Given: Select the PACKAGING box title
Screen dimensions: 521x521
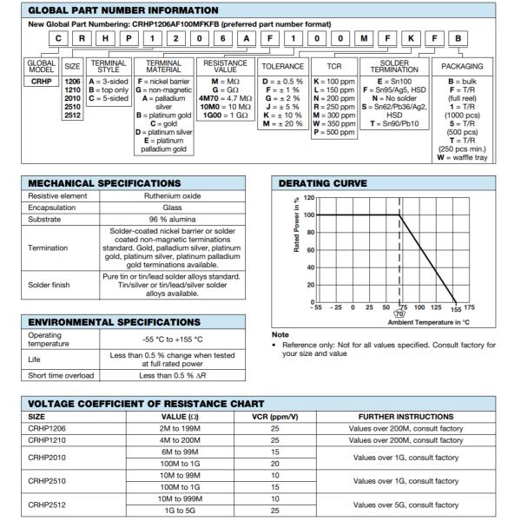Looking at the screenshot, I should click(x=463, y=66).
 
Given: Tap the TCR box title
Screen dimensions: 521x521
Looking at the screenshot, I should click(x=334, y=66).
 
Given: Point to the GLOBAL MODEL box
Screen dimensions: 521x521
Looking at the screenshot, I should click(x=42, y=66).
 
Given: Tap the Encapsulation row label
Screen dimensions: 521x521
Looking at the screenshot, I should click(x=52, y=208).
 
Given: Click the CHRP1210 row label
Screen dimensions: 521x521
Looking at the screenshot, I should click(x=49, y=441).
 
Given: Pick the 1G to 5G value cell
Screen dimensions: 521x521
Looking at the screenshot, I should click(x=174, y=511).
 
